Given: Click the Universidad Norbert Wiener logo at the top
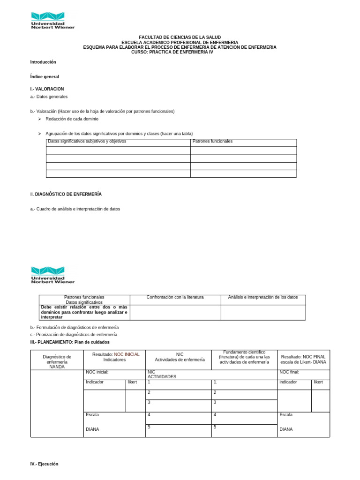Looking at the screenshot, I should point(52,20).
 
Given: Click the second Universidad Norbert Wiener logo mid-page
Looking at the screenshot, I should point(52,275).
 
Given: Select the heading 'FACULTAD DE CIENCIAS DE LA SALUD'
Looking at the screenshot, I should point(180,37).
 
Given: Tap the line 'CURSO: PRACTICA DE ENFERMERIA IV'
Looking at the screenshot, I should point(180,52).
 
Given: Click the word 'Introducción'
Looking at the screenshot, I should point(43,62).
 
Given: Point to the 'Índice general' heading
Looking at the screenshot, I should point(45,76).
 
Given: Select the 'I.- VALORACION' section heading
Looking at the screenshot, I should point(47,89).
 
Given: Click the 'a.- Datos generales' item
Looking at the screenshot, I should point(49,97).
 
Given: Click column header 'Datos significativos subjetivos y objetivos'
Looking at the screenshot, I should point(87,141).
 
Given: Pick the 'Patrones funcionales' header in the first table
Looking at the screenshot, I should point(212,141).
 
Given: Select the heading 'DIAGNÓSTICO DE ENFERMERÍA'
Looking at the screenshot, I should point(68,194).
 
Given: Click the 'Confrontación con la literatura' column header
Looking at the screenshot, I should point(175,297).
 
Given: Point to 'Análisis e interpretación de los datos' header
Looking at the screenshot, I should point(263,297).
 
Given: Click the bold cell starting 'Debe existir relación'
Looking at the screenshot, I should point(84,312).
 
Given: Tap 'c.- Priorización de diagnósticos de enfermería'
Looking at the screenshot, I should point(74,335).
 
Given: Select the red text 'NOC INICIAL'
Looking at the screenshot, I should point(127,354).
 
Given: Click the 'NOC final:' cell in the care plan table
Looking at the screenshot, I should point(289,372).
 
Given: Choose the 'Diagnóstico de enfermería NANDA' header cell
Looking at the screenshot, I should point(57,361).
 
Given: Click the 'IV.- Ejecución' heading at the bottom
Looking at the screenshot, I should point(44,464).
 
